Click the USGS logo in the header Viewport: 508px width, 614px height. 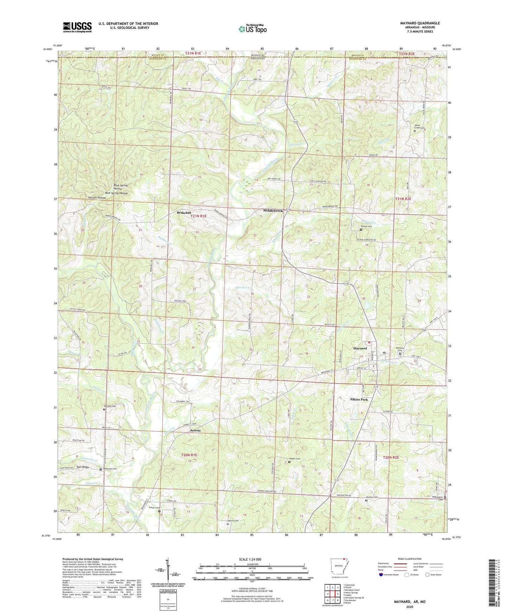click(77, 27)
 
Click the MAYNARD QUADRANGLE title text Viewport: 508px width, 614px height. click(420, 23)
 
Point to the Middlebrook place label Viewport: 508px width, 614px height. click(273, 211)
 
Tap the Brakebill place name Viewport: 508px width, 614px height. click(184, 213)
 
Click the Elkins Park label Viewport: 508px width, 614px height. click(359, 399)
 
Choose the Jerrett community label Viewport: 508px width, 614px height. click(195, 430)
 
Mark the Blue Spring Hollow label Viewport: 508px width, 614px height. click(116, 193)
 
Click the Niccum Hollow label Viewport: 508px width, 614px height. click(97, 198)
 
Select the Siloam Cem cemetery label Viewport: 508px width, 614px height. click(366, 226)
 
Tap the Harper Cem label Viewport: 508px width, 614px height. click(295, 459)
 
